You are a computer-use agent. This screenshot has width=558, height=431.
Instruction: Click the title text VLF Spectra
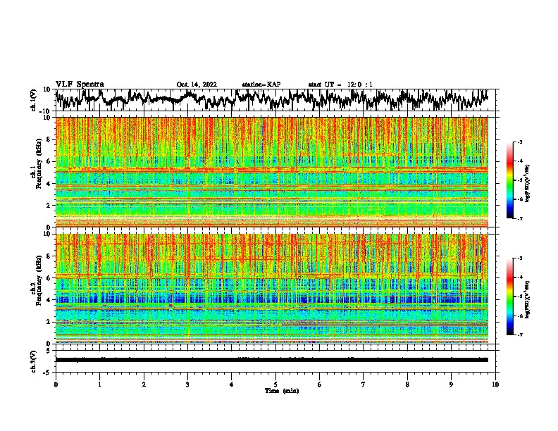tap(80, 85)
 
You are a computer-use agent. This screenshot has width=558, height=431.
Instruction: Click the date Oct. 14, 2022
tap(197, 85)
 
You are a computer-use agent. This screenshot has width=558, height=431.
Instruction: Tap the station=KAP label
tap(261, 85)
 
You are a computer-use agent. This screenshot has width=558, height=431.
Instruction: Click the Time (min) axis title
tap(275, 390)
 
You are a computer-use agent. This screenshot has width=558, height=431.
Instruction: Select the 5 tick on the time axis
tap(275, 384)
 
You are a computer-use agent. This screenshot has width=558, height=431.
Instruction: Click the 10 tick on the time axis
tap(496, 384)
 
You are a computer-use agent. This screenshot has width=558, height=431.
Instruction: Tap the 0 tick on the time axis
tap(56, 384)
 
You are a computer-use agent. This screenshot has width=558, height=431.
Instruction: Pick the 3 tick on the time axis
tap(187, 384)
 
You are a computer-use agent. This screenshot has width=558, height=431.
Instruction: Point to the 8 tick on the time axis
tap(408, 384)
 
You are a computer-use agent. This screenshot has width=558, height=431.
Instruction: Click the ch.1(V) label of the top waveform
tap(34, 100)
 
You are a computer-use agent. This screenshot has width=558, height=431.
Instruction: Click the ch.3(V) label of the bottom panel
tap(34, 360)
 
